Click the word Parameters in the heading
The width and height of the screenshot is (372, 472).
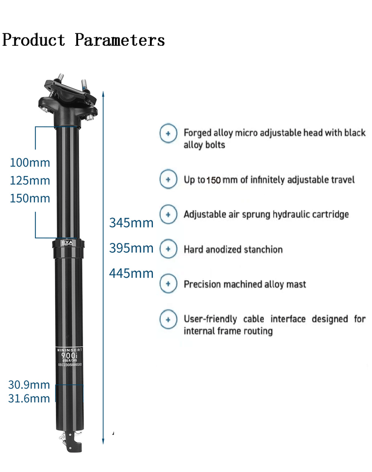(119, 40)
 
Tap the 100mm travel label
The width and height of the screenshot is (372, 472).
(30, 163)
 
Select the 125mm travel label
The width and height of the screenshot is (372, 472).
(30, 180)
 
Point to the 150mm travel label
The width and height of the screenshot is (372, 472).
(30, 199)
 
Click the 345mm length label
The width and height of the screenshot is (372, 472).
(131, 223)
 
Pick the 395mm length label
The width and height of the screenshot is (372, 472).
(131, 248)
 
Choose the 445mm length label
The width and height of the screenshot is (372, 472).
(131, 273)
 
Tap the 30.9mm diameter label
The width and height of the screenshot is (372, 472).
(29, 385)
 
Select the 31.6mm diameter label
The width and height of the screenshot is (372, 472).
(29, 399)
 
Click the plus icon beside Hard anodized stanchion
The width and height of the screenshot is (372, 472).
(168, 249)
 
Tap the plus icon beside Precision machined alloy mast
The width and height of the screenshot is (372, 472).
(168, 284)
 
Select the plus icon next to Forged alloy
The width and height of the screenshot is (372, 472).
(168, 133)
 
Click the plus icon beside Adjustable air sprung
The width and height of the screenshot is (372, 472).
(168, 214)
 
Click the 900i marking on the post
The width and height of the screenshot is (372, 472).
(68, 355)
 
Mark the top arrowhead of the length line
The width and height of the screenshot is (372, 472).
(103, 92)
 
